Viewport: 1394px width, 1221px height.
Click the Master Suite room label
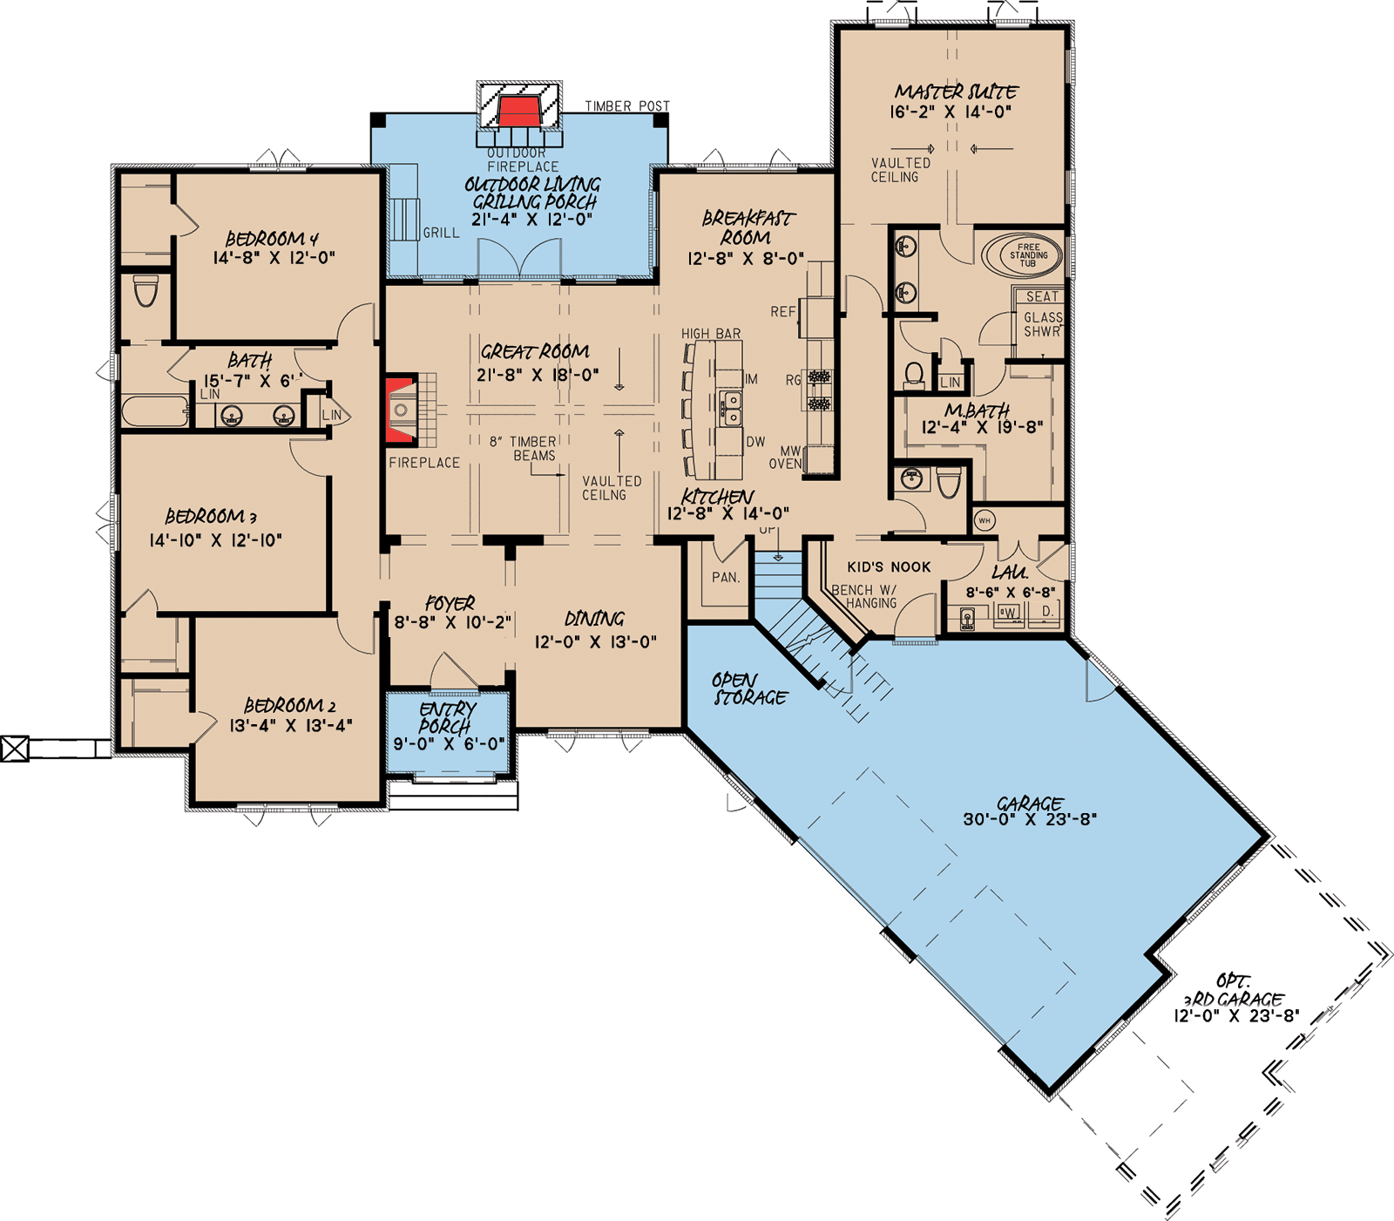click(x=956, y=92)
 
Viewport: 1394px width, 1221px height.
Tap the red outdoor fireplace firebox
click(x=519, y=112)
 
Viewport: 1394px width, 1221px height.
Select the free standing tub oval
click(x=1021, y=255)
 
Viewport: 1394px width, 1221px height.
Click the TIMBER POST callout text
click(x=627, y=106)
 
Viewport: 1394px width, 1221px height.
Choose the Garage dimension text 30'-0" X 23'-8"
click(x=1029, y=819)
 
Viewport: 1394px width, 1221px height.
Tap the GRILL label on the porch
click(x=441, y=233)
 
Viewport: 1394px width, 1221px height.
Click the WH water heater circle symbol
click(x=984, y=521)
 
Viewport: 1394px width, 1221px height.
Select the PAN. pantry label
click(x=725, y=577)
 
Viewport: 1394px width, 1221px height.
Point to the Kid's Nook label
click(x=889, y=566)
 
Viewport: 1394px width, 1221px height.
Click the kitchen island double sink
click(x=731, y=407)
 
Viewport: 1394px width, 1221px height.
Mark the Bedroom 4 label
click(x=272, y=238)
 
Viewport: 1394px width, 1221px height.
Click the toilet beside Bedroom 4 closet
click(x=145, y=290)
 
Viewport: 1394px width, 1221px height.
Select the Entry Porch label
click(x=447, y=717)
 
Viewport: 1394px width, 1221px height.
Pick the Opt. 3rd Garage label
click(x=1234, y=991)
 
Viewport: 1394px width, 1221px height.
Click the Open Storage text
click(x=749, y=689)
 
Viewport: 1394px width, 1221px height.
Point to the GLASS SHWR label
click(x=1042, y=324)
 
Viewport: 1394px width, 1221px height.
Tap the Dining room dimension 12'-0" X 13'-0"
click(x=595, y=642)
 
